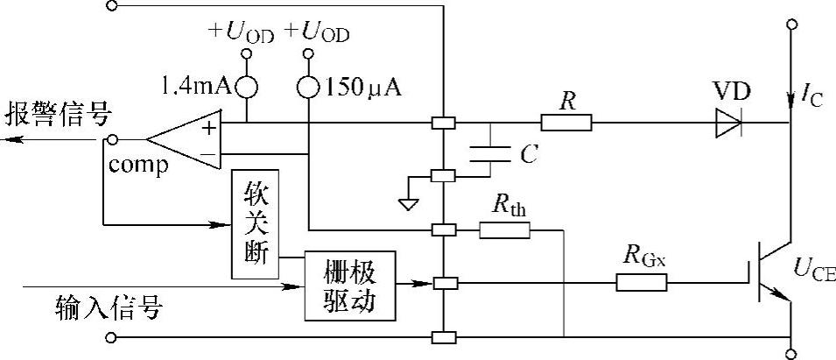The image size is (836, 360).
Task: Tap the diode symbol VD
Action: [727, 124]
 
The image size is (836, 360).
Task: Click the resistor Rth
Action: [504, 230]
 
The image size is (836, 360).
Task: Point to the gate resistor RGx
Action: [642, 282]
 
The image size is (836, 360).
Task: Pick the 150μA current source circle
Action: [309, 87]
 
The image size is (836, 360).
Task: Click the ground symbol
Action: [407, 204]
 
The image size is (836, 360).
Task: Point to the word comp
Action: [138, 166]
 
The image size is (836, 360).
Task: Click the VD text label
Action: [730, 92]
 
